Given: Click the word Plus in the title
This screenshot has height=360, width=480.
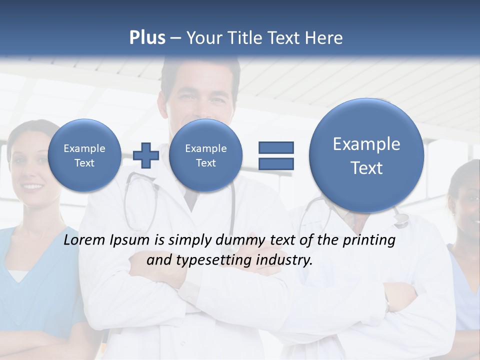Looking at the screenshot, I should click(x=147, y=38).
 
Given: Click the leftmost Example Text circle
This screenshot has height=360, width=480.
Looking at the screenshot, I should click(x=84, y=155).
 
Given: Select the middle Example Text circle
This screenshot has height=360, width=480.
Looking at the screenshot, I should click(x=205, y=155).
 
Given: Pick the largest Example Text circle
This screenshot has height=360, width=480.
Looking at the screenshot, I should click(x=366, y=156).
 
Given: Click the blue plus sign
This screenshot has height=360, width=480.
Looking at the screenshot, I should click(x=146, y=155).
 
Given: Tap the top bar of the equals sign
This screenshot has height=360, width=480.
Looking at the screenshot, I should click(x=275, y=147).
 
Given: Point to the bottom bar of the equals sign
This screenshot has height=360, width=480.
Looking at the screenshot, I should click(x=275, y=163).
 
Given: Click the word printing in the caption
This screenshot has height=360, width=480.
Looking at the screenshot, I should click(x=369, y=240).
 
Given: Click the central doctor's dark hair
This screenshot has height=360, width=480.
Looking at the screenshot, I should click(x=200, y=75).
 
